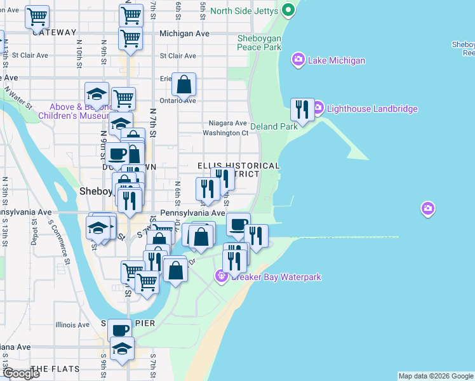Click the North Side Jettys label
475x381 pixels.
(x=244, y=11)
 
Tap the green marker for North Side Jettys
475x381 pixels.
(x=288, y=10)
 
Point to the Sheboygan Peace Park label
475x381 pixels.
(x=259, y=43)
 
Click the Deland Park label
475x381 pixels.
(x=274, y=126)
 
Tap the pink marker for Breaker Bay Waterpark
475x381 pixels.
(x=221, y=276)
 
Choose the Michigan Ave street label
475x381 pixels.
(x=185, y=32)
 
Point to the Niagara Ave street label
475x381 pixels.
(x=227, y=123)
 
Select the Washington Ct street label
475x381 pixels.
(x=225, y=133)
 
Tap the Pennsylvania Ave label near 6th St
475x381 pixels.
(x=192, y=213)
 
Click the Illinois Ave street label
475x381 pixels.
(x=72, y=324)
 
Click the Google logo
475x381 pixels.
(x=21, y=373)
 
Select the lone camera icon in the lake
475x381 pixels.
(x=429, y=208)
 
